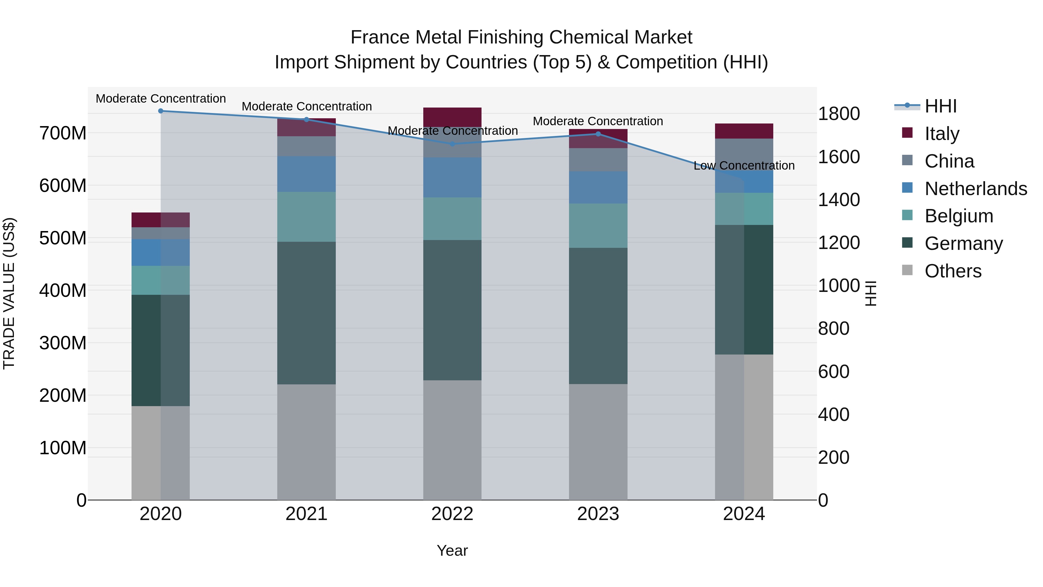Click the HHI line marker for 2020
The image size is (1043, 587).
coord(161,111)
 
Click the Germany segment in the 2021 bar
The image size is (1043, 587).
coord(307,313)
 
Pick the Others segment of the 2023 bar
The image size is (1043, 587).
coord(598,441)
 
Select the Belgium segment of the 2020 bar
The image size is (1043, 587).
coord(161,280)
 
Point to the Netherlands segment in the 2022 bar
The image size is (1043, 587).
coord(452,177)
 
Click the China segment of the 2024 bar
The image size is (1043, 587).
coord(744,154)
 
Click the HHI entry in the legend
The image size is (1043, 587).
coord(940,106)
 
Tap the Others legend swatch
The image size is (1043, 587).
coord(907,270)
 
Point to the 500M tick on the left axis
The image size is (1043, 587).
coord(63,238)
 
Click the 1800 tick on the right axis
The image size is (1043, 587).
coord(839,114)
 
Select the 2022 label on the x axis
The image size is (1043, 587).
coord(452,514)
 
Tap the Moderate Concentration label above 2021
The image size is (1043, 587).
coord(307,107)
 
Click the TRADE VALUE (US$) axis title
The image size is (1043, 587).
coord(9,293)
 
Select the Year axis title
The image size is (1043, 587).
coord(452,550)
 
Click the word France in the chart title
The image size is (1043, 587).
coord(379,37)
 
